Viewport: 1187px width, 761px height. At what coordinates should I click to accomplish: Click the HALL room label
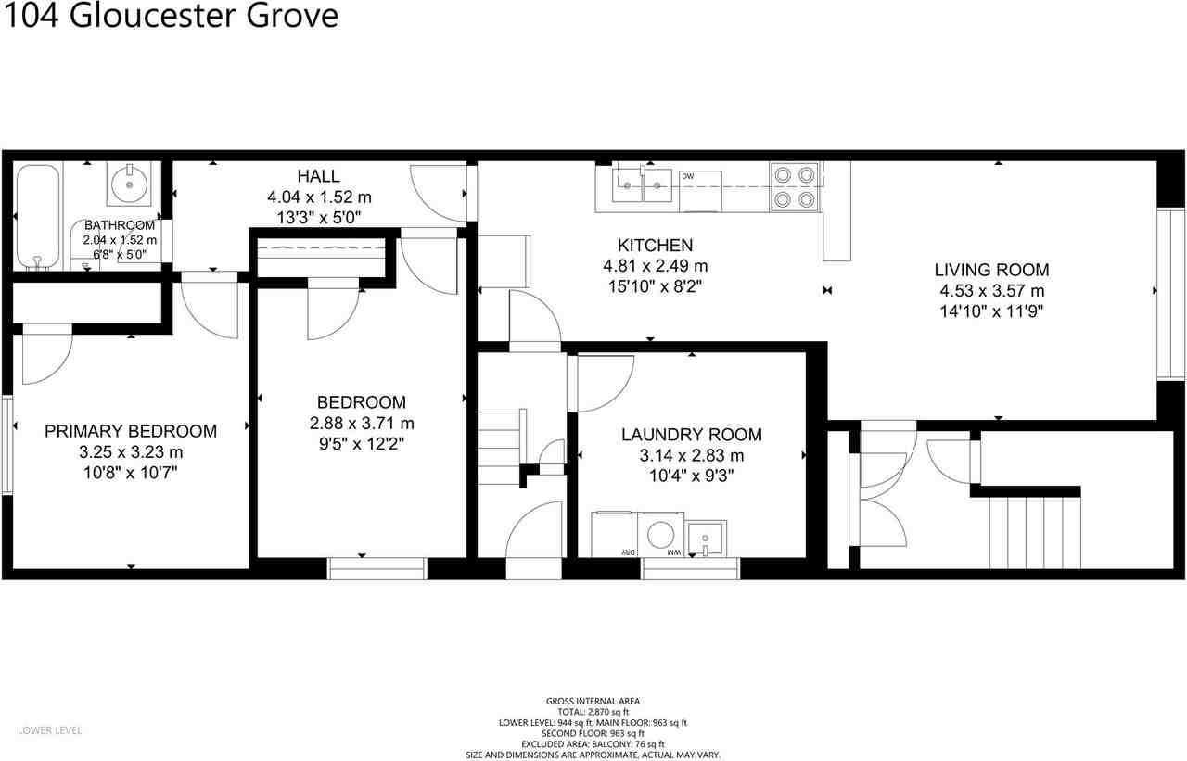coord(318,176)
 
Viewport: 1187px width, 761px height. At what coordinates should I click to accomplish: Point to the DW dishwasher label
coord(688,176)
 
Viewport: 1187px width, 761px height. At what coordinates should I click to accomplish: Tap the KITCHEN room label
coord(655,246)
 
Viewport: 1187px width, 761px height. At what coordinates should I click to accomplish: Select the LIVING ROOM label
coord(991,270)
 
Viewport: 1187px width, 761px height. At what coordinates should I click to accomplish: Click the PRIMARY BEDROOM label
coord(131,431)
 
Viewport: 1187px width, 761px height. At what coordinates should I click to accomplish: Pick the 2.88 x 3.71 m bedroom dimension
coord(361,423)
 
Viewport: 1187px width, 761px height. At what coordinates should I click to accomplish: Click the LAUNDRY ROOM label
coord(691,435)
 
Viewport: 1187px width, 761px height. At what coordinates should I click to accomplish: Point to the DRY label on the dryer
coord(628,552)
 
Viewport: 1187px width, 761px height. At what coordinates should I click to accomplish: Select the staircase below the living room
coord(1035,531)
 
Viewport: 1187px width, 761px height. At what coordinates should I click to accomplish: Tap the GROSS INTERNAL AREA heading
coord(593,702)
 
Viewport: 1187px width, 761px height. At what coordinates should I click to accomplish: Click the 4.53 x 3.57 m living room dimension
coord(991,291)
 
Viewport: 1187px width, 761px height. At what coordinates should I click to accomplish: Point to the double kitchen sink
coord(643,184)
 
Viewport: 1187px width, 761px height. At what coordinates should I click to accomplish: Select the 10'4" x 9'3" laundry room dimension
coord(691,476)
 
